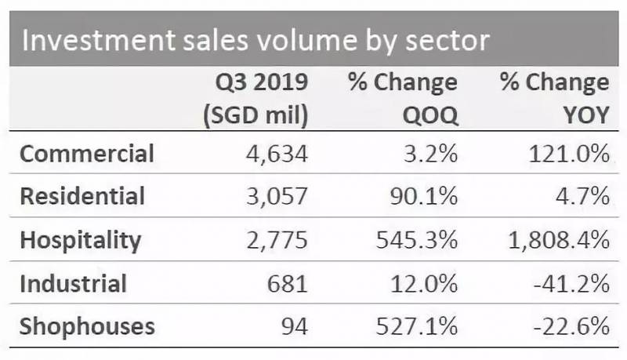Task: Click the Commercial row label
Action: (x=86, y=154)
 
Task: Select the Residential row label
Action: (x=82, y=196)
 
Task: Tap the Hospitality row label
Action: (x=80, y=239)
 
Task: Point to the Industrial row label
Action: (x=72, y=282)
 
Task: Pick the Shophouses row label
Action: (x=87, y=325)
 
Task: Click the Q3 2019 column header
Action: (x=256, y=82)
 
